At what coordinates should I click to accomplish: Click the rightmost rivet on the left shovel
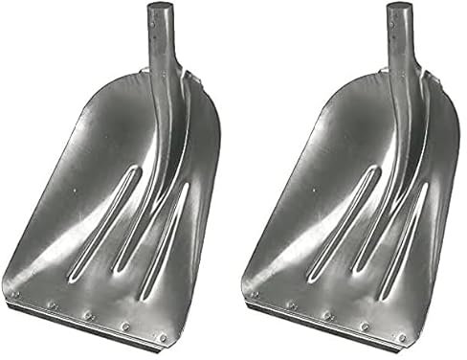click(163, 337)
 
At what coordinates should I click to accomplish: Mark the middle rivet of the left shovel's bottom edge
click(87, 314)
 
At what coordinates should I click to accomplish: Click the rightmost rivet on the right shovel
click(401, 337)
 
